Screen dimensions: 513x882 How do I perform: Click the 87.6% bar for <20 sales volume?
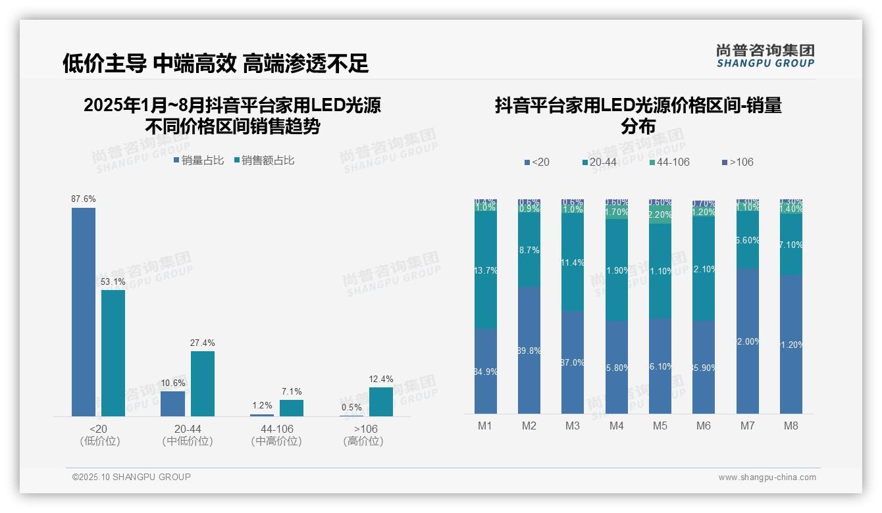tap(84, 312)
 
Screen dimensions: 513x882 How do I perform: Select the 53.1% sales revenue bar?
tap(113, 353)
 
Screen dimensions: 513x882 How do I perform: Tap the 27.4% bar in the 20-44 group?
tap(203, 383)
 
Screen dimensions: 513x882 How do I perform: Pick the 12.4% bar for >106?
tap(381, 401)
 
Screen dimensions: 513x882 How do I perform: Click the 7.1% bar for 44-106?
tap(292, 408)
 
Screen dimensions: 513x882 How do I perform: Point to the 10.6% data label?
tap(172, 383)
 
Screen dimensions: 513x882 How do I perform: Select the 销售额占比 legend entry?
tap(264, 160)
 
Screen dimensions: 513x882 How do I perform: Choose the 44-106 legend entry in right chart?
tap(669, 162)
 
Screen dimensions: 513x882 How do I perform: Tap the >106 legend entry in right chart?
tap(738, 162)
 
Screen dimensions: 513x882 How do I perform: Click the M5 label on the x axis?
tap(660, 426)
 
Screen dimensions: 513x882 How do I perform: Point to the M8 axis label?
tap(791, 426)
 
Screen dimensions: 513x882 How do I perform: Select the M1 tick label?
tap(485, 426)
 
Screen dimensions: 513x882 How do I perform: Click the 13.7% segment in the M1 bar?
tap(486, 270)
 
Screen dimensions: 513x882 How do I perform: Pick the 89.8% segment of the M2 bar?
tap(529, 351)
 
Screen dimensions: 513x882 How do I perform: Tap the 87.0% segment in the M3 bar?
tap(573, 362)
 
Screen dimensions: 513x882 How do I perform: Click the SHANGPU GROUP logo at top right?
tap(765, 56)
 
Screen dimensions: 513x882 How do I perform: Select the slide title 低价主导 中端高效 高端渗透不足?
tap(215, 63)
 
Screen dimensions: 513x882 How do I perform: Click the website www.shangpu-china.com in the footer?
tap(767, 477)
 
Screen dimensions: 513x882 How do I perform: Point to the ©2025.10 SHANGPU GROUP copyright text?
tap(132, 477)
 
